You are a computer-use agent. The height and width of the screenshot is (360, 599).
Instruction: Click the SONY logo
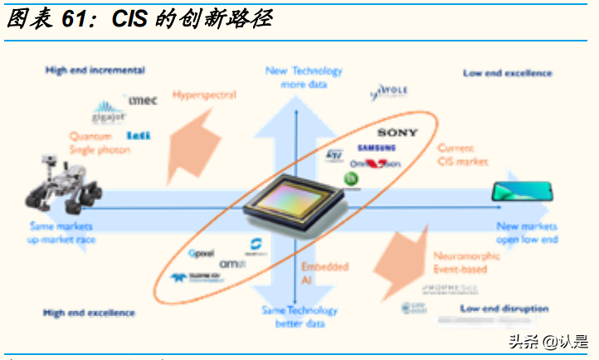(398, 133)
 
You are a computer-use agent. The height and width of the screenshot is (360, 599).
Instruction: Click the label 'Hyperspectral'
(204, 95)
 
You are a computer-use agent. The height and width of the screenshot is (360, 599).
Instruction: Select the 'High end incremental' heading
(95, 71)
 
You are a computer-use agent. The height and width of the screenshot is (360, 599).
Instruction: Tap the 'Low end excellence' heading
(507, 74)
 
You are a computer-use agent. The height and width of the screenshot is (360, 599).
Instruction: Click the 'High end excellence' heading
(89, 313)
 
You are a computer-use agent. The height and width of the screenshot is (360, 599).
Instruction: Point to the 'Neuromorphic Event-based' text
(466, 263)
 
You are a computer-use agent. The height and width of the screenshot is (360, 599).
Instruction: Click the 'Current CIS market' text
(462, 154)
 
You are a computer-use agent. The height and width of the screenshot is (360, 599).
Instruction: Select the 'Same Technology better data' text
(299, 317)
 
